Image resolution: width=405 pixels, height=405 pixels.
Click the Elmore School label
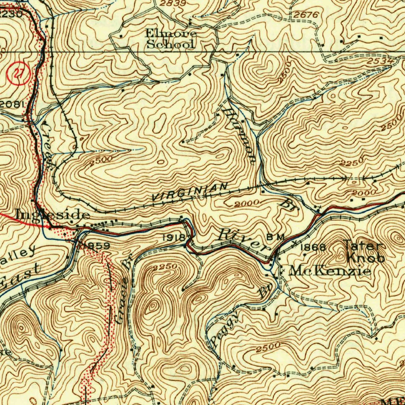point(171,39)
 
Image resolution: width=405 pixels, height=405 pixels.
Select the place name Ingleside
point(53,215)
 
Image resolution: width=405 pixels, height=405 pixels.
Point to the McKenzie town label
point(330,271)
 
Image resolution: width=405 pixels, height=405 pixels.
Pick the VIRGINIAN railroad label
point(190,192)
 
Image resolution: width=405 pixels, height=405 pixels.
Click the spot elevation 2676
point(306,15)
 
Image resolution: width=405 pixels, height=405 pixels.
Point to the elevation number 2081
point(12,104)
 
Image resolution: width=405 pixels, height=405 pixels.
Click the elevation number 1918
point(174,237)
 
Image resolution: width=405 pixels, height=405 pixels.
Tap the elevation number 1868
point(314,248)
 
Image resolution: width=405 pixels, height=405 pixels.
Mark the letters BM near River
point(276,237)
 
